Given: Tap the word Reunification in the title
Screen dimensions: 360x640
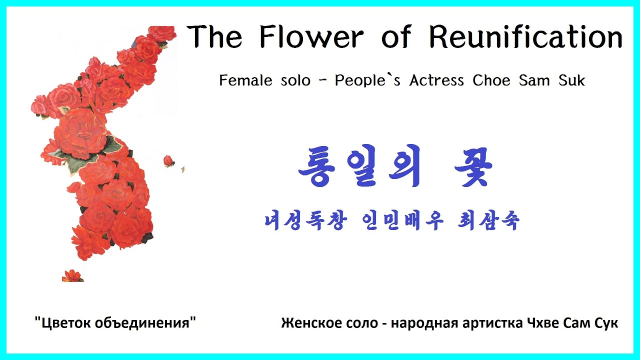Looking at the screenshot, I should pyautogui.click(x=525, y=37).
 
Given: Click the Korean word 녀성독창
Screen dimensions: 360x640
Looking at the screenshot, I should pyautogui.click(x=304, y=220).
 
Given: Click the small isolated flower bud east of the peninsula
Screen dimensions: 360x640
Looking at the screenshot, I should pyautogui.click(x=169, y=161).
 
